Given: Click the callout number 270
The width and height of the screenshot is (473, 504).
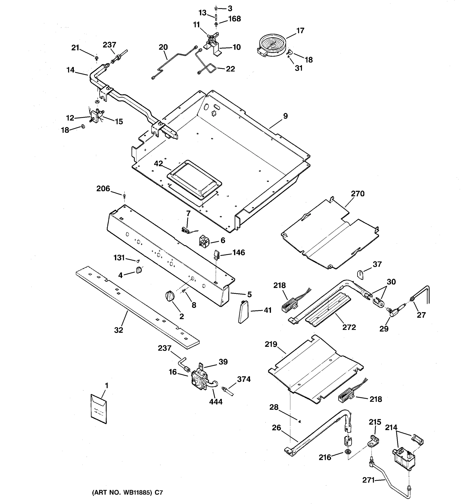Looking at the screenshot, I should [x=358, y=194].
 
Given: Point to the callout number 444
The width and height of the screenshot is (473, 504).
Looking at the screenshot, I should [x=216, y=402].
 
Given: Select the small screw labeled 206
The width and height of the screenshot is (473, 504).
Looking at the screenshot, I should [x=124, y=196].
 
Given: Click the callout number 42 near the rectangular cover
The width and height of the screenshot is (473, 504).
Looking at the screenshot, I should [x=158, y=164].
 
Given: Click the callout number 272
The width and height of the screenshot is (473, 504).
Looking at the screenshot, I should [x=349, y=327].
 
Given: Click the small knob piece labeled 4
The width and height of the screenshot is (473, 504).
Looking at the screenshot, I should [x=139, y=270].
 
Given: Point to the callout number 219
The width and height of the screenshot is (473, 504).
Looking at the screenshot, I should [x=271, y=344].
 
